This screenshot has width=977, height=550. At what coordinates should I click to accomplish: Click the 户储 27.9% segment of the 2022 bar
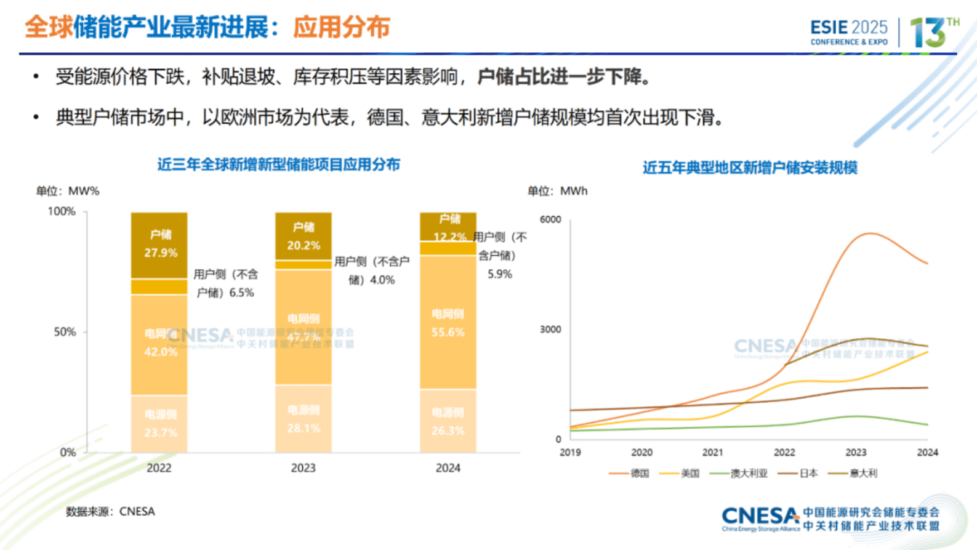click(x=159, y=245)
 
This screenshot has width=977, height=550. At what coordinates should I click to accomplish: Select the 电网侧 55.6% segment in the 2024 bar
click(x=448, y=323)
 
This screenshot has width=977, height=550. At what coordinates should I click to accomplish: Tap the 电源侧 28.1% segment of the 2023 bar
click(x=303, y=419)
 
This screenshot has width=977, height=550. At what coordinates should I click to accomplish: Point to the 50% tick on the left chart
click(x=65, y=332)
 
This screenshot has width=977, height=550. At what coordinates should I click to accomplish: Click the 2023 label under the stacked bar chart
click(x=303, y=468)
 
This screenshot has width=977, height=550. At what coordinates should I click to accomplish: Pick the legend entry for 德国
click(x=630, y=473)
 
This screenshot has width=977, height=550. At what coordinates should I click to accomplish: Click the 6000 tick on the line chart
click(x=550, y=219)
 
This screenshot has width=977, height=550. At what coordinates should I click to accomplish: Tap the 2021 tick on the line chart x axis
click(x=712, y=452)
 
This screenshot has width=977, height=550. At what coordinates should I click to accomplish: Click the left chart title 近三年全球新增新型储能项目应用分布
click(x=278, y=164)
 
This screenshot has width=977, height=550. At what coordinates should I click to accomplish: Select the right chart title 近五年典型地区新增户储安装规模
click(x=750, y=168)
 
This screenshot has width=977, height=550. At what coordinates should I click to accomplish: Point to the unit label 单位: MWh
click(x=557, y=191)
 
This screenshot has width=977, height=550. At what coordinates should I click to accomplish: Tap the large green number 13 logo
click(x=928, y=32)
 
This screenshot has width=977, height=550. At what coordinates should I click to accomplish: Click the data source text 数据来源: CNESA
click(x=110, y=511)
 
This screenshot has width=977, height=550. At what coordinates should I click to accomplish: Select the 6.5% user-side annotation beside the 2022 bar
click(x=225, y=283)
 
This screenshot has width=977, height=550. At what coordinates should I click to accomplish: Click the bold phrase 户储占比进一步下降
click(x=563, y=77)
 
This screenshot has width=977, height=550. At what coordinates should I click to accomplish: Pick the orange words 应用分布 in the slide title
click(x=341, y=28)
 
